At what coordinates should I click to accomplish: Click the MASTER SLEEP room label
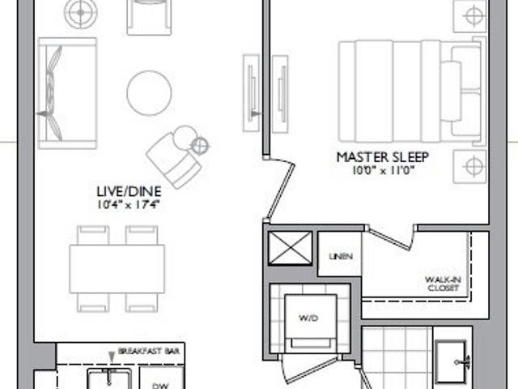[x=384, y=156]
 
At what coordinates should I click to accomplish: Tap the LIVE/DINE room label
[x=129, y=191]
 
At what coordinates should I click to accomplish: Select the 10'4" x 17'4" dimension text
[x=129, y=204]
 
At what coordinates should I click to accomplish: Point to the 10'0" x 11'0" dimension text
[x=384, y=170]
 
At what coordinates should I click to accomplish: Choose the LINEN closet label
[x=339, y=257]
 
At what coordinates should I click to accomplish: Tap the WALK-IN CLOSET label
[x=444, y=284]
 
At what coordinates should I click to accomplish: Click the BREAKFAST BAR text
[x=150, y=351]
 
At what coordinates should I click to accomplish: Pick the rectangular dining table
[x=117, y=268]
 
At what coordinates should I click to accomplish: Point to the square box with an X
[x=289, y=247]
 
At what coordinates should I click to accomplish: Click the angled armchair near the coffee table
[x=174, y=156]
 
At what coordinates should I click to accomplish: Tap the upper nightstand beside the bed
[x=469, y=15]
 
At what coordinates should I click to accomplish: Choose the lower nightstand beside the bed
[x=469, y=166]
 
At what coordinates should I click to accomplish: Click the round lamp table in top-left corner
[x=82, y=13]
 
